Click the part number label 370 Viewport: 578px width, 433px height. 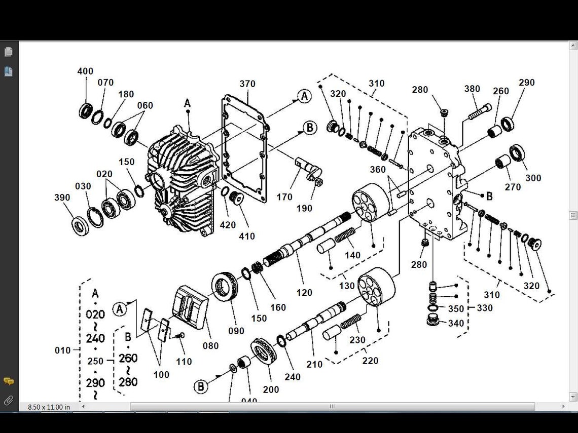pos(247,84)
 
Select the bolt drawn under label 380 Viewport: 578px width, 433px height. pos(479,111)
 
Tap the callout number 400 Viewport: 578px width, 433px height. pos(85,71)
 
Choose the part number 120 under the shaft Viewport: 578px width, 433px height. pos(304,292)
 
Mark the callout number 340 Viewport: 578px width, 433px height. pos(456,323)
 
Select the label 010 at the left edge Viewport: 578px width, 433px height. pos(63,350)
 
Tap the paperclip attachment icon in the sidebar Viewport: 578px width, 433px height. pos(9,401)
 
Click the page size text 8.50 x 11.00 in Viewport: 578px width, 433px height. pos(49,407)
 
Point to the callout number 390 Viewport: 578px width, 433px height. pos(62,198)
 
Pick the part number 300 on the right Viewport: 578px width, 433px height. pos(533,178)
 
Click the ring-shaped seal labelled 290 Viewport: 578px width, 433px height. pos(508,124)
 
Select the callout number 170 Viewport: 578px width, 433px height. pos(284,196)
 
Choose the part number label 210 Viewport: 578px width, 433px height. pos(314,364)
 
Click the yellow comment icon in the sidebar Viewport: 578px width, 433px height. pos(9,381)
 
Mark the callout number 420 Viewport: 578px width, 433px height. pos(228,224)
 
